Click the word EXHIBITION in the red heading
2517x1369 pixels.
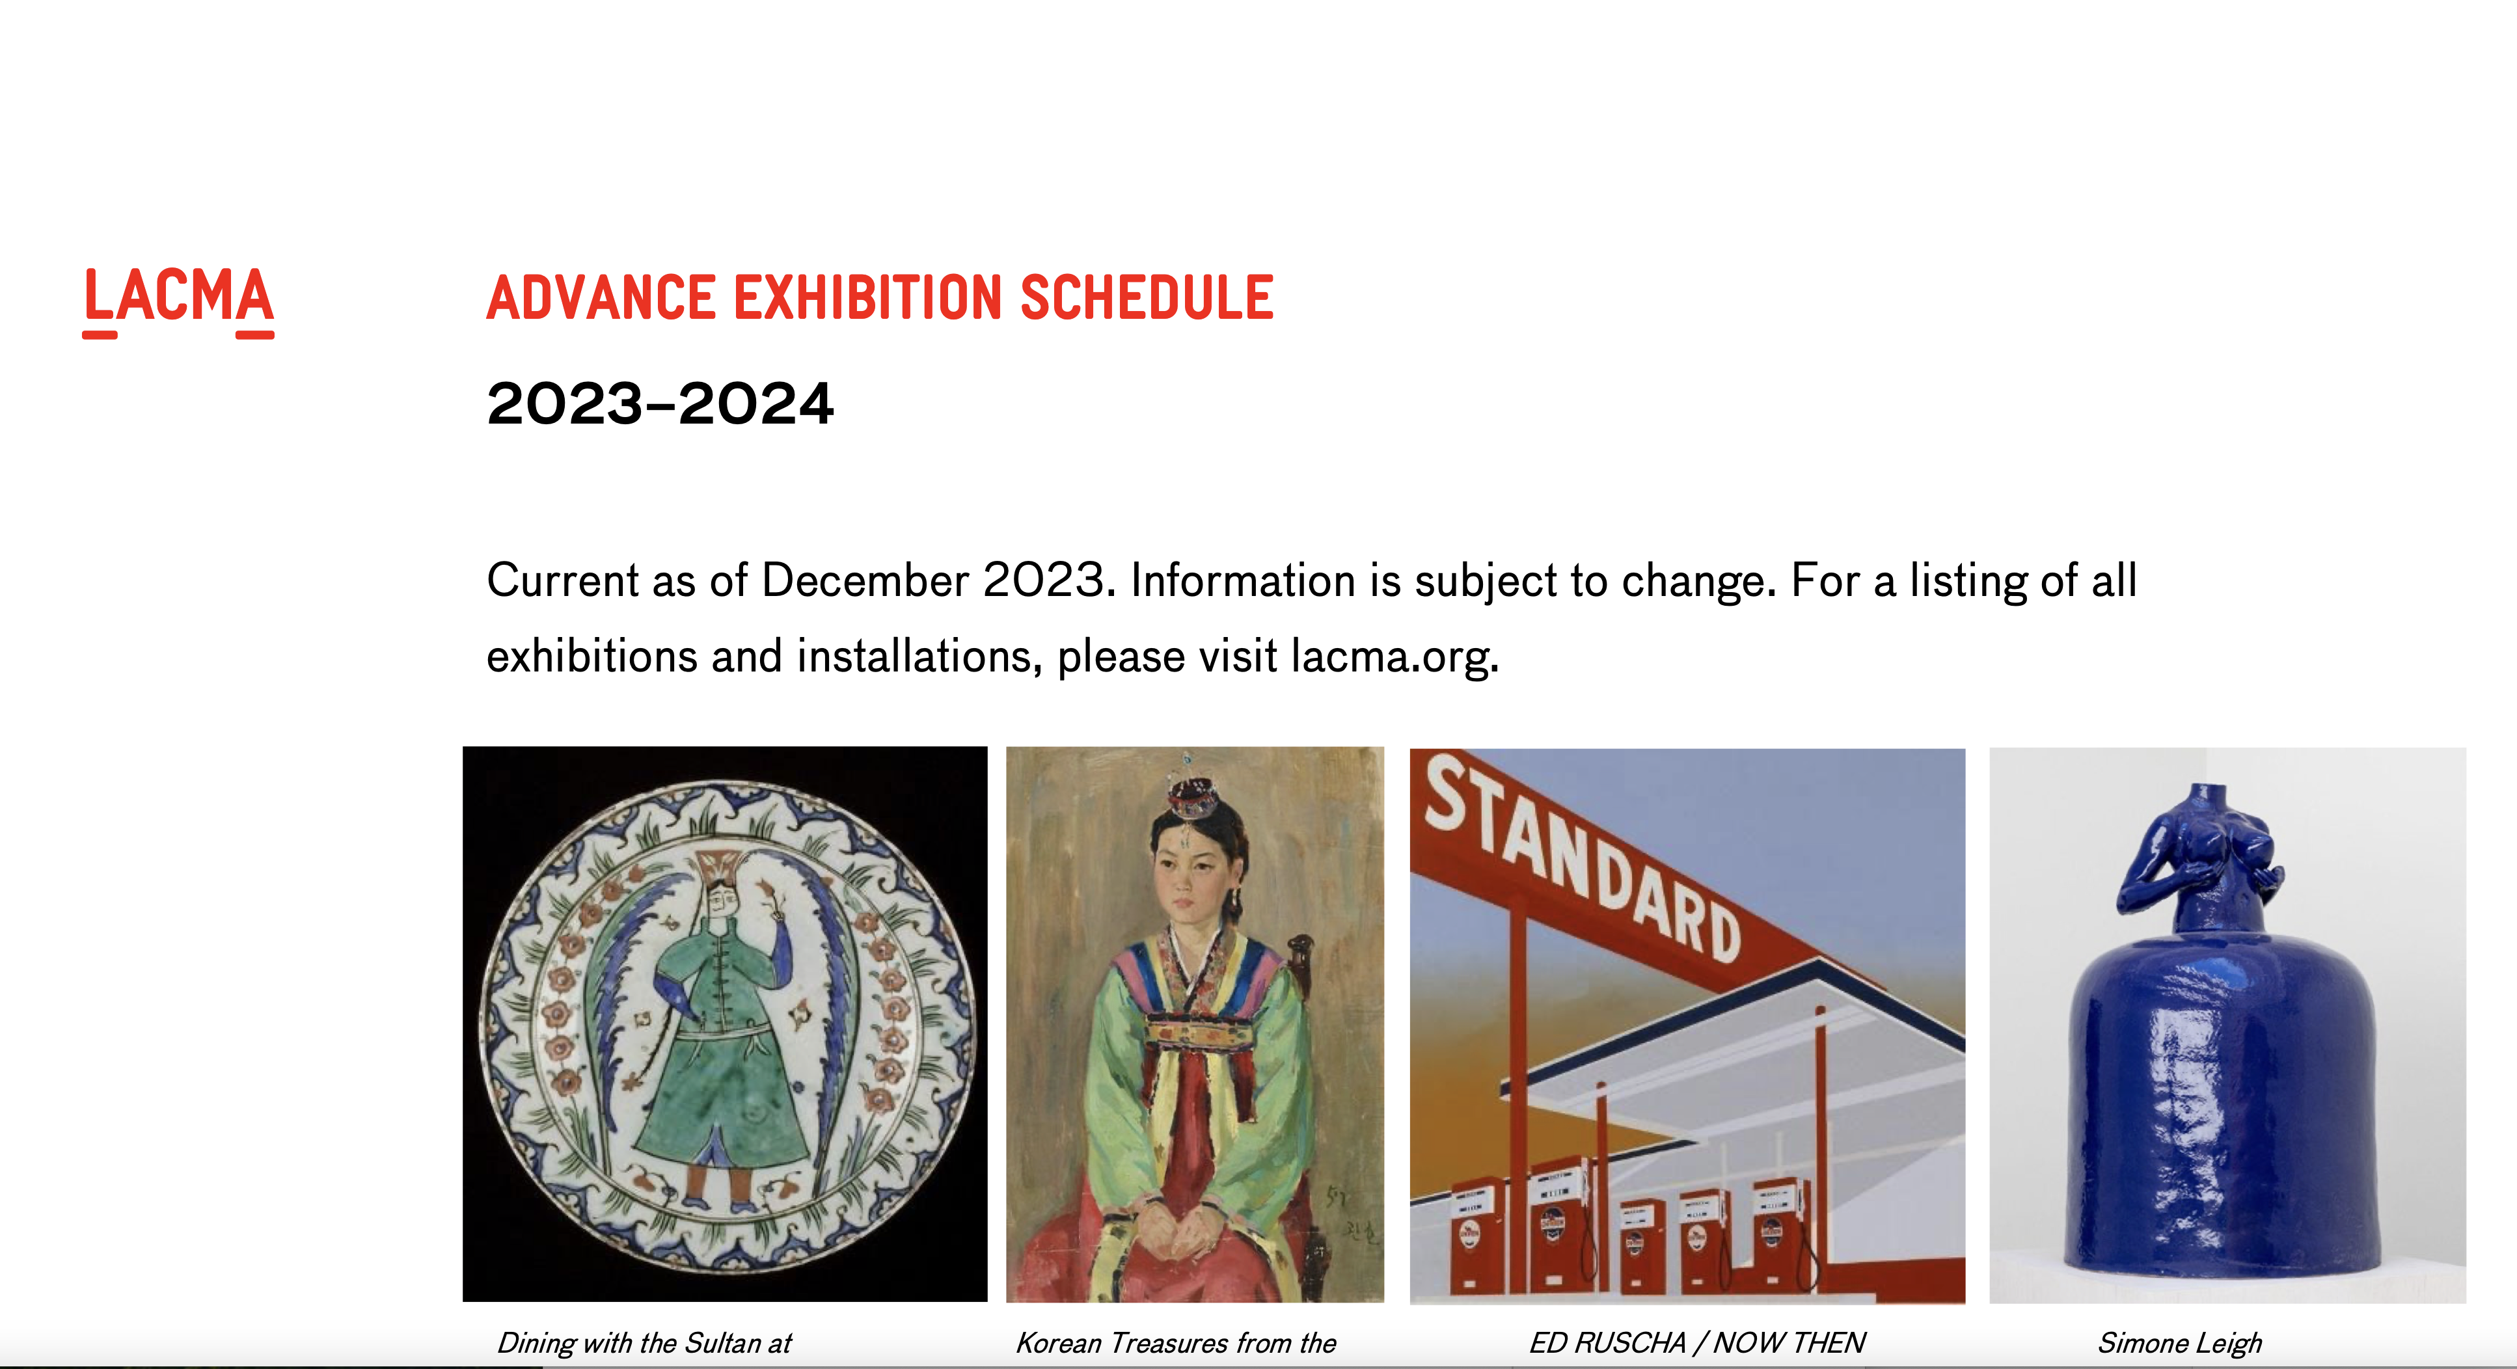pos(867,297)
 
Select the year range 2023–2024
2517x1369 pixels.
pos(660,403)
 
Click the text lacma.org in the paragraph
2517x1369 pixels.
pos(1395,656)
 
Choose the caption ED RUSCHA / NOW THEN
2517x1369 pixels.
pos(1697,1342)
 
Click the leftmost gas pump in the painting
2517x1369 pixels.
pos(1471,1236)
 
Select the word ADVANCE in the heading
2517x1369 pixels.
pos(601,297)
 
